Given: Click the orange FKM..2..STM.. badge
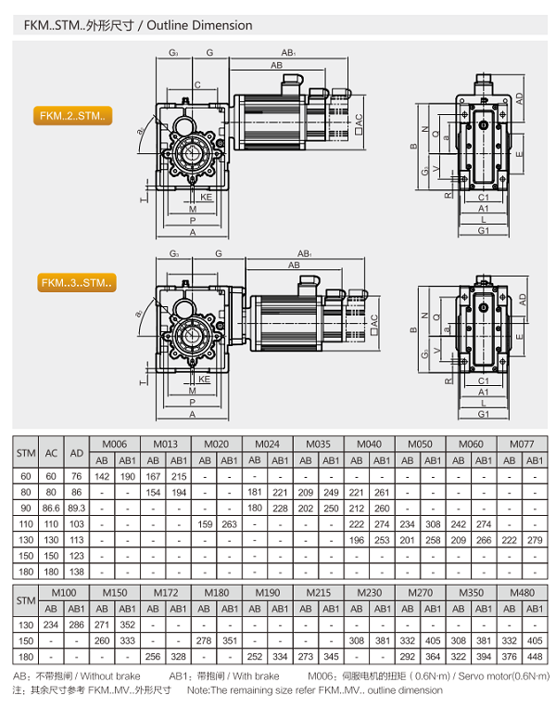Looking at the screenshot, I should [x=73, y=116].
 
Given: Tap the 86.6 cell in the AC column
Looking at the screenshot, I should [x=52, y=508].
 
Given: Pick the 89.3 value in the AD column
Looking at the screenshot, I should [x=78, y=508].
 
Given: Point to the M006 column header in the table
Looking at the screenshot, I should [x=115, y=444].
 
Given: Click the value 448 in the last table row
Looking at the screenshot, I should [x=535, y=657].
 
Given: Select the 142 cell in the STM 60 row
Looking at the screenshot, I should [x=103, y=476].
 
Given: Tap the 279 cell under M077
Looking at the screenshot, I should [x=535, y=541].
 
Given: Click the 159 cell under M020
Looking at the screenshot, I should [x=204, y=525].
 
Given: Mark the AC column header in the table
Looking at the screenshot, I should [x=52, y=452].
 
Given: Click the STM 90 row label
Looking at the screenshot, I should [x=26, y=508].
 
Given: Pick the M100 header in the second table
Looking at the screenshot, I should [x=64, y=592].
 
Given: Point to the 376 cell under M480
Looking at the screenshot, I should [x=509, y=657].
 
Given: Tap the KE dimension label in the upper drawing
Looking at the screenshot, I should [x=207, y=198].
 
